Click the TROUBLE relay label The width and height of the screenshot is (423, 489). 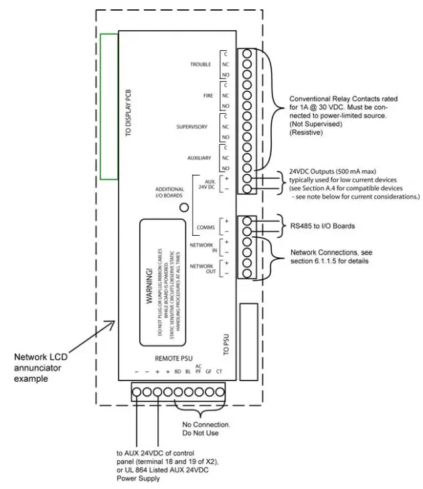coord(200,64)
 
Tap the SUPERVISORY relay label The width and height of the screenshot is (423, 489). coord(191,127)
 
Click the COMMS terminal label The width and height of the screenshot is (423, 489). coord(205,227)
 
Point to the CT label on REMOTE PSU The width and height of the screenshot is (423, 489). coord(220,371)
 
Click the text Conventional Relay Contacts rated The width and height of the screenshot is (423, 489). coord(345,98)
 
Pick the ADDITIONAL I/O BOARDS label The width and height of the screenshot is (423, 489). coord(169,193)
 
